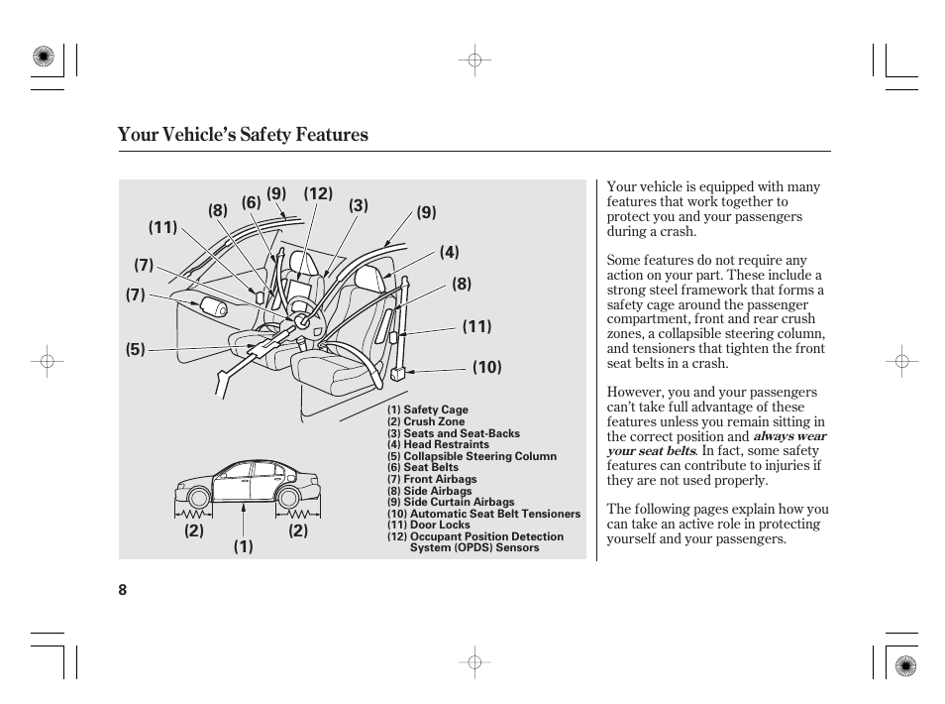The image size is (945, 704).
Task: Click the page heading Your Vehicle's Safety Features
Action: click(x=243, y=135)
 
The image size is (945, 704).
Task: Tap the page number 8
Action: click(x=123, y=589)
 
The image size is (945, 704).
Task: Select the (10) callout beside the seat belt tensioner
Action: click(x=486, y=368)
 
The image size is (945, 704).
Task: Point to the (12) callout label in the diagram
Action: click(x=318, y=193)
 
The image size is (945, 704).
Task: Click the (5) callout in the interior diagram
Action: click(x=135, y=349)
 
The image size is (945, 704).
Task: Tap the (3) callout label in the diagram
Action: click(x=358, y=206)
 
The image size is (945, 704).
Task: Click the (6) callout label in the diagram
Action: click(x=251, y=202)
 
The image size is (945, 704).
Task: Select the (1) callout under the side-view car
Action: click(x=244, y=546)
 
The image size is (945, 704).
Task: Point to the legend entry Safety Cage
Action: click(x=428, y=411)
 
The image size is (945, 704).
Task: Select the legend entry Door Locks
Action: click(x=429, y=526)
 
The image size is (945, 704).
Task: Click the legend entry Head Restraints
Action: click(x=438, y=445)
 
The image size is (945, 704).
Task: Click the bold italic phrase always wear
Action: click(x=789, y=436)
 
